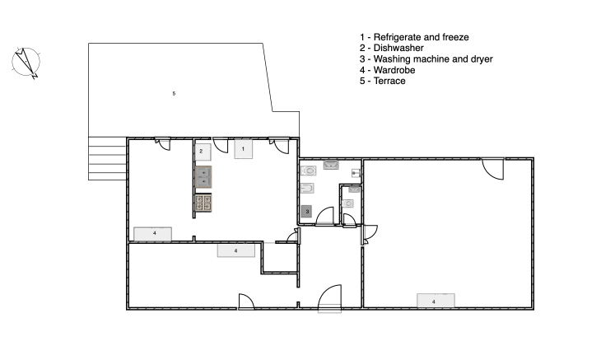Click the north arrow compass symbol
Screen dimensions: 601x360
pyautogui.click(x=26, y=62)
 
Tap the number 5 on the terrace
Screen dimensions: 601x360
pyautogui.click(x=174, y=94)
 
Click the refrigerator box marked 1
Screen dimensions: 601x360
pyautogui.click(x=244, y=149)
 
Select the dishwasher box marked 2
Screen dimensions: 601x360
pyautogui.click(x=203, y=152)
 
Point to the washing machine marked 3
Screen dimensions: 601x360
pyautogui.click(x=306, y=211)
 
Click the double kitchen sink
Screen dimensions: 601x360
pyautogui.click(x=203, y=177)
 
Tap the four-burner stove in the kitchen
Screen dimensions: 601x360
pyautogui.click(x=203, y=203)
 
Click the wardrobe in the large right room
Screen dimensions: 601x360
pyautogui.click(x=436, y=301)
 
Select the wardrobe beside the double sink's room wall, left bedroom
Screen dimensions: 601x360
pyautogui.click(x=152, y=233)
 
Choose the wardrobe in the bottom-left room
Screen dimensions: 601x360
pyautogui.click(x=236, y=250)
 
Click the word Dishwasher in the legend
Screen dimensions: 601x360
pyautogui.click(x=398, y=48)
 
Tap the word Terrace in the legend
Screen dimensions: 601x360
pyautogui.click(x=389, y=81)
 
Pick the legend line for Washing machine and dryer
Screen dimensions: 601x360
pyautogui.click(x=426, y=59)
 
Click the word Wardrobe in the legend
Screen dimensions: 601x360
pyautogui.click(x=394, y=70)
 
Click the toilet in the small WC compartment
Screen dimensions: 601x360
pyautogui.click(x=347, y=203)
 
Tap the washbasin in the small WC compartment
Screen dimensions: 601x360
pyautogui.click(x=354, y=189)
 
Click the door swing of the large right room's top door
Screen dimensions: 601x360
pyautogui.click(x=493, y=169)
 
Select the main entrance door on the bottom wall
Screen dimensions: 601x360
pyautogui.click(x=329, y=297)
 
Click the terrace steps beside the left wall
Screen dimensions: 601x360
pyautogui.click(x=107, y=159)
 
